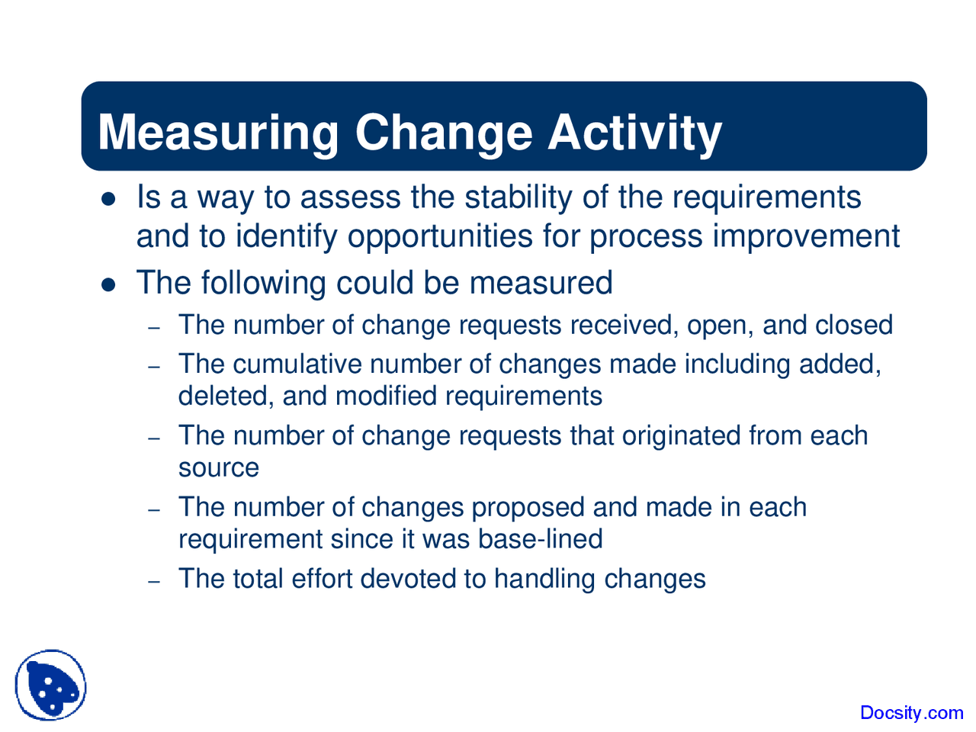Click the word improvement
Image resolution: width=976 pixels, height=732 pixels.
point(806,236)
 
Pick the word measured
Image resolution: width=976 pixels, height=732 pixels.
point(541,283)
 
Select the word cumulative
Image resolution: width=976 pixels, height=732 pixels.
point(297,364)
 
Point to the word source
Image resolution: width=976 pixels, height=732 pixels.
point(219,467)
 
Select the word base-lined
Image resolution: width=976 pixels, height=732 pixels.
point(541,539)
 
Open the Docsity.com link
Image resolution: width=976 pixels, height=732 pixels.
point(911,713)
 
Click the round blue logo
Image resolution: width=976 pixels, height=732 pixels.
point(50,685)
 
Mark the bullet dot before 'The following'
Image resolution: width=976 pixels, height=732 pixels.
point(108,284)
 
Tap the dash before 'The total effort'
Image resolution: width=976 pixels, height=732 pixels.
point(154,581)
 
